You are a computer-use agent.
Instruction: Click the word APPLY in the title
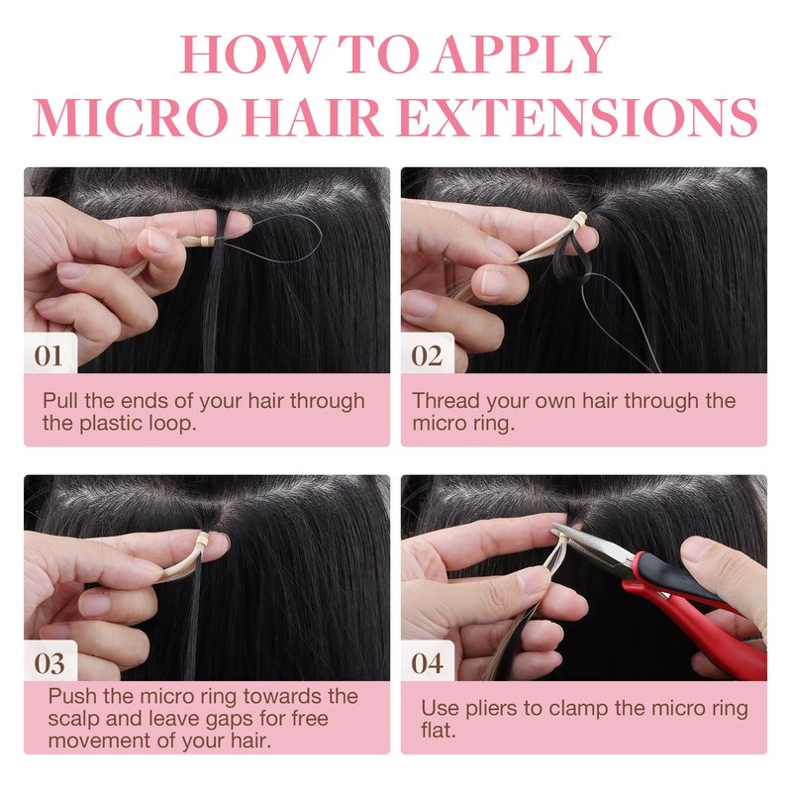point(523,54)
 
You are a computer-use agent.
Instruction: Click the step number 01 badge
point(49,355)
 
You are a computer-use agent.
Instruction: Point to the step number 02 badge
point(428,355)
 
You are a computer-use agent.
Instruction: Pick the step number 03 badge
point(49,662)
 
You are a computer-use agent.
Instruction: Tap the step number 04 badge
point(428,662)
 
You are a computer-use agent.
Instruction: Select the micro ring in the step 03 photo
point(203,540)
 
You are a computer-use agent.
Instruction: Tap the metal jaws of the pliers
point(591,542)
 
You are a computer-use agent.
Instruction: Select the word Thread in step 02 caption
point(445,401)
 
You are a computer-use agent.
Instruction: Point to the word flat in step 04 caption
point(438,731)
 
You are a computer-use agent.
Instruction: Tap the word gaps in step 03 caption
point(230,720)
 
